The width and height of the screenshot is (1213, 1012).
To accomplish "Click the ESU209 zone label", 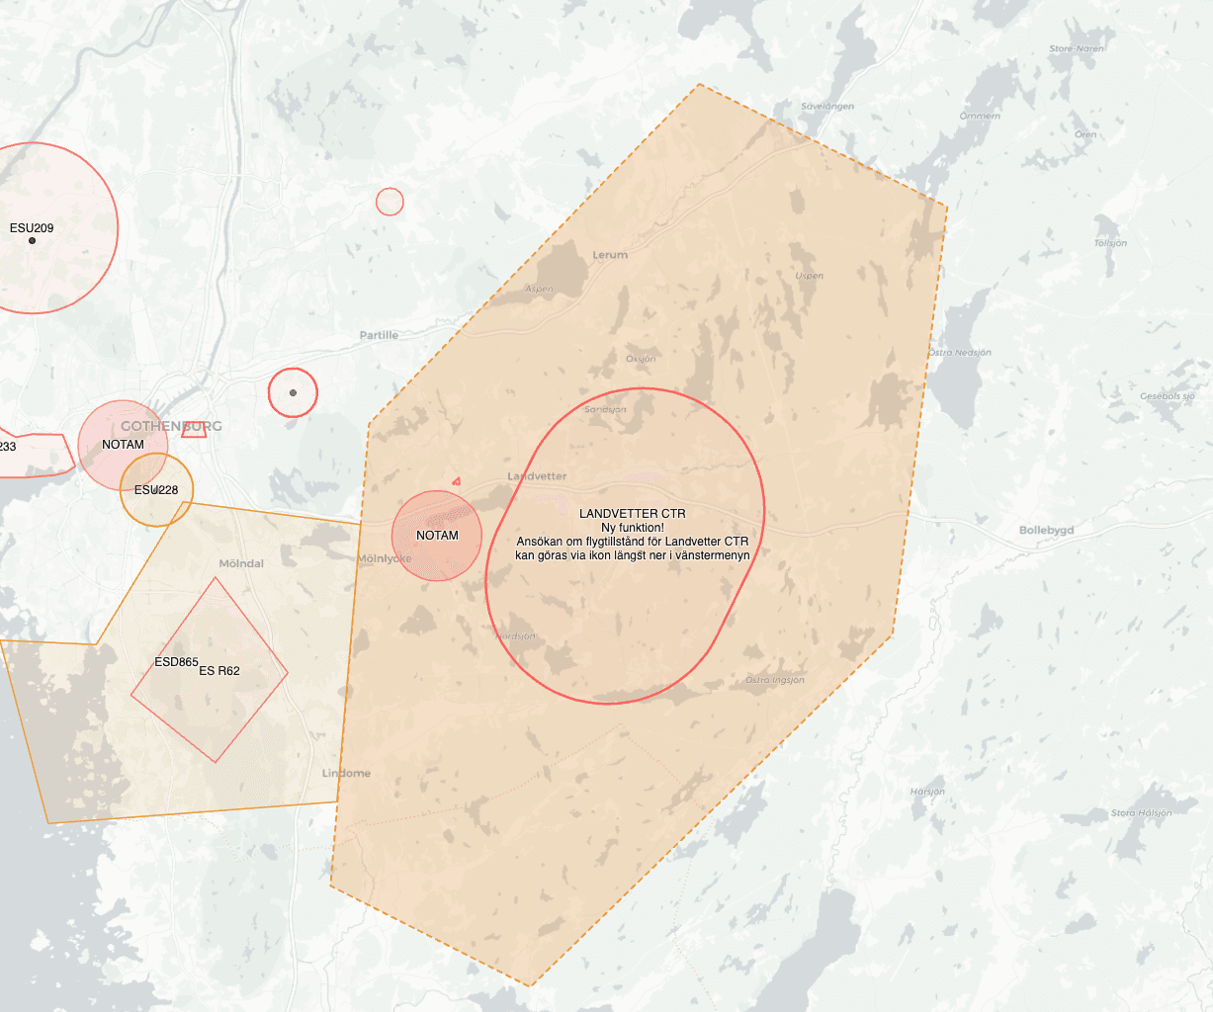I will (32, 228).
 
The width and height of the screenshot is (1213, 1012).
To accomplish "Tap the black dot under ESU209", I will (32, 240).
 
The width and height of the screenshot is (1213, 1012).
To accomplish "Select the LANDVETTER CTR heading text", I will (632, 514).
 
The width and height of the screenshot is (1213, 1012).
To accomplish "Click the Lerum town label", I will (610, 255).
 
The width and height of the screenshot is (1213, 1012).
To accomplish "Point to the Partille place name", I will (379, 336).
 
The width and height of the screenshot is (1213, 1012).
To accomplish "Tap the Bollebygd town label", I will (1046, 531).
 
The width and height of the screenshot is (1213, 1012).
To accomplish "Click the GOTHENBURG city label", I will (171, 426).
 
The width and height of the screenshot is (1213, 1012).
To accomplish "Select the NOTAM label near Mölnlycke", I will (437, 536).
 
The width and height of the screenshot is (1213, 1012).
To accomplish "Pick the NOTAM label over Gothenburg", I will (123, 445).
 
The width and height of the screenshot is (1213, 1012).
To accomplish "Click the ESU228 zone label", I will (156, 490).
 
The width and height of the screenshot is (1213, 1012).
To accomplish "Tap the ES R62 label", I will (219, 671).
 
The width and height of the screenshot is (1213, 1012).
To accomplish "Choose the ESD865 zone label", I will (177, 662).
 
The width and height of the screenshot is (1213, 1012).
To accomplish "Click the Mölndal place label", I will (241, 563).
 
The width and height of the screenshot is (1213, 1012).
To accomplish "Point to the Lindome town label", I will (346, 773).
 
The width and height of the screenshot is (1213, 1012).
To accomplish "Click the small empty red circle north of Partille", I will (390, 202).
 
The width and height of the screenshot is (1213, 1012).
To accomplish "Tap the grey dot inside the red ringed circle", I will (293, 392).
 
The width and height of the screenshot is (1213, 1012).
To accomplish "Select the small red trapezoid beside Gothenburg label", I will (194, 429).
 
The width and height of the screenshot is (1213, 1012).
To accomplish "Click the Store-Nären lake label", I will (1077, 48).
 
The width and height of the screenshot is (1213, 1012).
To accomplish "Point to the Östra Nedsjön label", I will (959, 353).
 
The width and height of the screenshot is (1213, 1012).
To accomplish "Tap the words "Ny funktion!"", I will (632, 528).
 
